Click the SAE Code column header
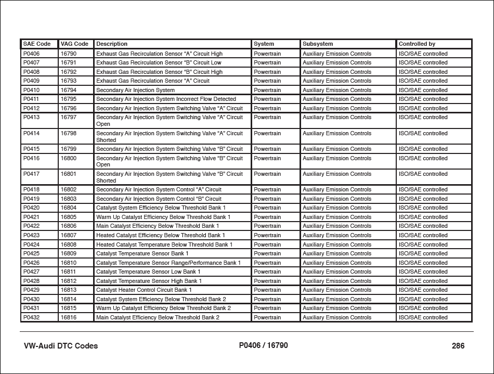37,44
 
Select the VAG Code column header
74,44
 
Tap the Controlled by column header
417,44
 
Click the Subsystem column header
318,44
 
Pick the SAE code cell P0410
32,90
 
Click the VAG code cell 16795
69,99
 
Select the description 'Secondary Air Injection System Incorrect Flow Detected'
166,99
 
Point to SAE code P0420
32,208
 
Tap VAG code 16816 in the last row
69,317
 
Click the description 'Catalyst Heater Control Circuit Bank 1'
144,290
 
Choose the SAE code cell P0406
32,54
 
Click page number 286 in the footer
458,346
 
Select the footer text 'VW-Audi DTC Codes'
61,346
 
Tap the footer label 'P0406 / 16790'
263,345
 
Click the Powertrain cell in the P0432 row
267,317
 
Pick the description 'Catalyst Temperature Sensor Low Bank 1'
148,272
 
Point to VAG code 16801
69,174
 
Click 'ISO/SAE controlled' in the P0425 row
423,254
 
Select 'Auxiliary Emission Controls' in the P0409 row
337,81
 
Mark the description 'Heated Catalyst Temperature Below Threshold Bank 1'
164,244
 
